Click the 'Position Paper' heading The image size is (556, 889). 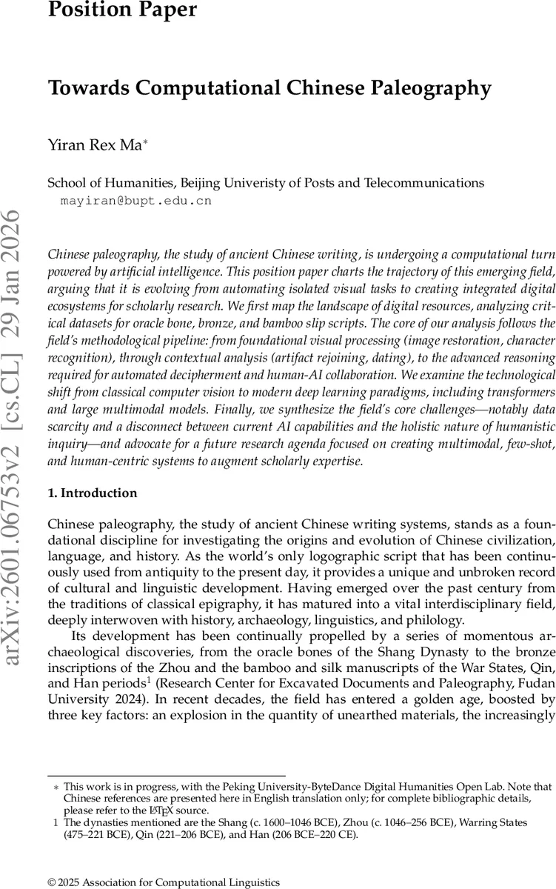tap(123, 10)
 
